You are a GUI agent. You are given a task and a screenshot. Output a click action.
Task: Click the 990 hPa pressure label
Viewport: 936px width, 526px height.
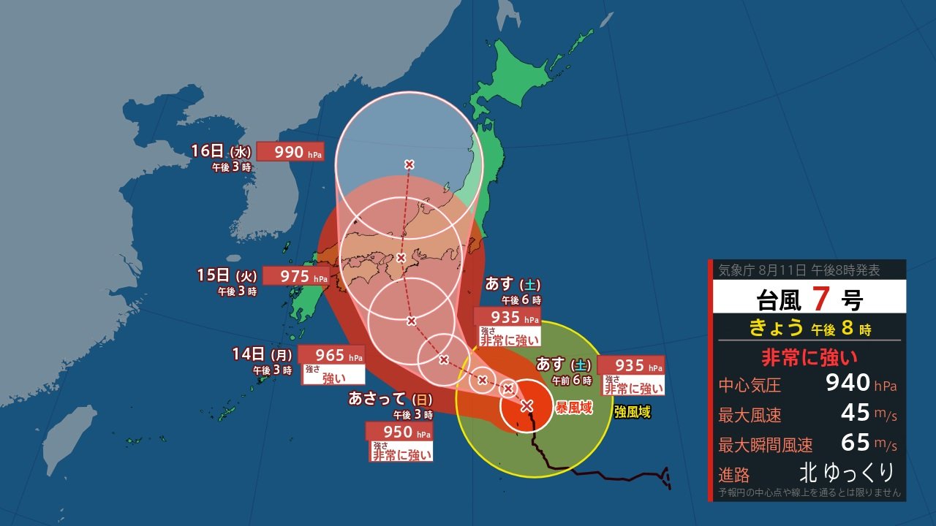click(290, 152)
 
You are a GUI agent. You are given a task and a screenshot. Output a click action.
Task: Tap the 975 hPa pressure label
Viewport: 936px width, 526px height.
click(295, 276)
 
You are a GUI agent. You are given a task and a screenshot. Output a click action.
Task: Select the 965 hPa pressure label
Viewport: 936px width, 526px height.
click(331, 355)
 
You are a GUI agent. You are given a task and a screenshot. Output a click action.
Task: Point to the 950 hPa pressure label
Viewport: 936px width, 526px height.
click(398, 432)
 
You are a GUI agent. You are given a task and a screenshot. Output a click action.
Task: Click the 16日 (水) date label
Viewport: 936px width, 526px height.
click(221, 151)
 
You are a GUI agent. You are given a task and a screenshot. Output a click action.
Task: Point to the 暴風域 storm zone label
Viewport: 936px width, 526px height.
click(574, 408)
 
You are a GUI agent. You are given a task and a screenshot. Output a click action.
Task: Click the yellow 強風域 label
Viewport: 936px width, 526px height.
click(632, 413)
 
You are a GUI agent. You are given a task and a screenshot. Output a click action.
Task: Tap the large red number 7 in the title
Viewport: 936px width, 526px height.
click(819, 299)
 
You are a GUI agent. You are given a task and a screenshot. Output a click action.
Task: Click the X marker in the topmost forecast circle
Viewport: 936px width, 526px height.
click(409, 164)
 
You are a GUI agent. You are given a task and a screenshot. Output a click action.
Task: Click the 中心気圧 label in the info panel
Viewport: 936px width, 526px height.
click(750, 384)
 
